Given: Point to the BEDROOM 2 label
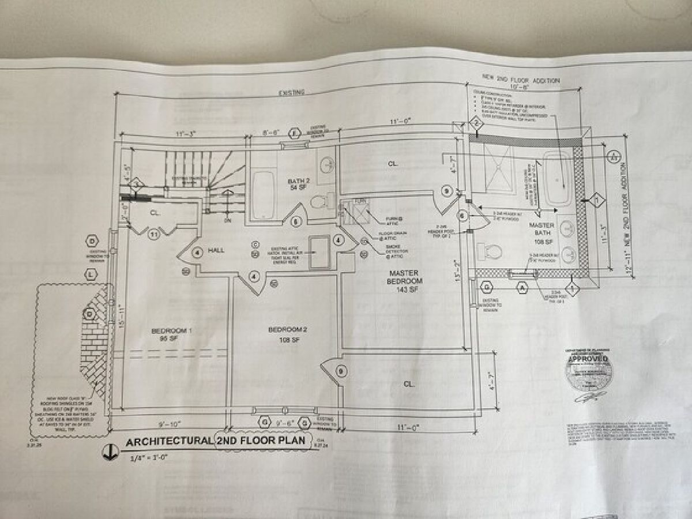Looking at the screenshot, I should click(288, 334).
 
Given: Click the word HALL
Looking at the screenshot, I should click(216, 250).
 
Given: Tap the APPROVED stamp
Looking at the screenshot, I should click(589, 368).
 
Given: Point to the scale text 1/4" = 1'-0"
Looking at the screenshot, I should click(147, 458).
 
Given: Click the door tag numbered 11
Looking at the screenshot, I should click(153, 235).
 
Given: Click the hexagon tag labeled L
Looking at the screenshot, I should click(91, 276).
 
